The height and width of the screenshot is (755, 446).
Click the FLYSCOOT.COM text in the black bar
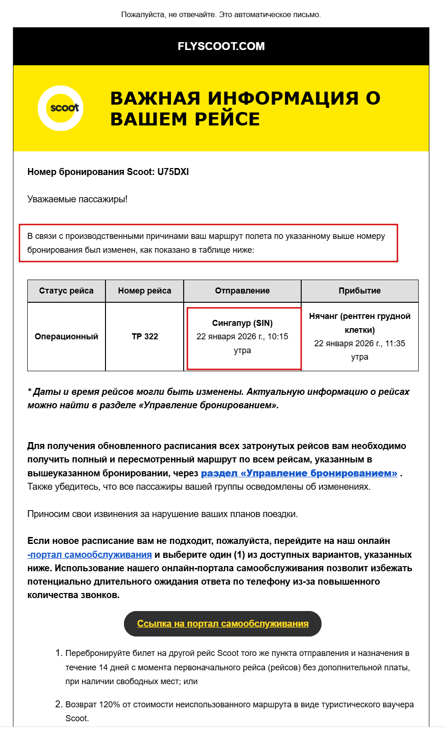tap(221, 46)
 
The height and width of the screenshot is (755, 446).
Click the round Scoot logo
tap(61, 108)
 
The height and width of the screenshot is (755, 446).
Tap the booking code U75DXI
tap(173, 172)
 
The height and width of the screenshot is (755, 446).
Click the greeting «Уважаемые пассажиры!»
tap(77, 199)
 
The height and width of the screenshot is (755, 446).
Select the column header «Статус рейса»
tap(66, 291)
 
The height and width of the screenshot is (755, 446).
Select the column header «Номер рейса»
tap(144, 291)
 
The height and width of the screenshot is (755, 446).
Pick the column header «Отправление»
tap(242, 291)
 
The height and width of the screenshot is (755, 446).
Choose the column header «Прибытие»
tap(359, 291)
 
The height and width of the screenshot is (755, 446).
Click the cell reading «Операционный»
tap(66, 337)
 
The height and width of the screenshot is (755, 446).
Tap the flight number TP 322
tap(145, 337)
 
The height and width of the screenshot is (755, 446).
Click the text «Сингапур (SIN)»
tap(242, 323)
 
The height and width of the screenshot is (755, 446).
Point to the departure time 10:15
tap(278, 337)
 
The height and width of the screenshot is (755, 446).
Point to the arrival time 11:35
tap(395, 343)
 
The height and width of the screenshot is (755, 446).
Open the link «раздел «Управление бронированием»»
tap(299, 473)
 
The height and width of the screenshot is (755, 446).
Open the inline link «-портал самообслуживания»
tap(90, 555)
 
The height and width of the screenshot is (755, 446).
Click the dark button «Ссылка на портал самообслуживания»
tap(223, 624)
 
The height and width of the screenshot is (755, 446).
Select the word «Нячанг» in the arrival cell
tap(323, 316)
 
